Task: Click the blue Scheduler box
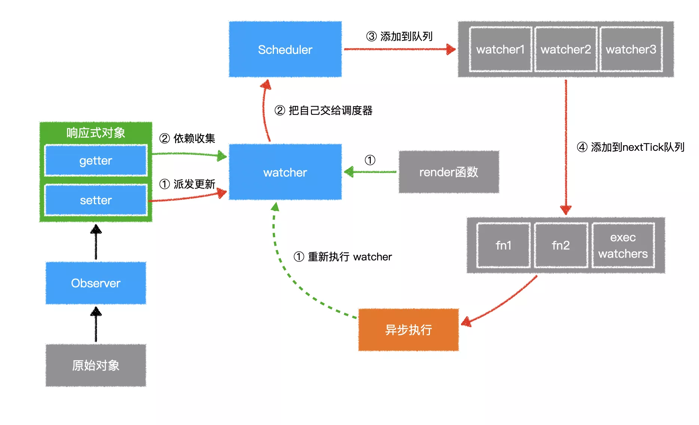coord(285,49)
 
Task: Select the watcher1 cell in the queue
coord(500,49)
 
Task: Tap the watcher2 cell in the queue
coord(565,49)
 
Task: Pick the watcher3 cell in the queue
coord(631,49)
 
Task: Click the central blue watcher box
coord(285,172)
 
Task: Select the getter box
coord(96,160)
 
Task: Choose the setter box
coord(96,200)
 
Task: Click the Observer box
coord(96,283)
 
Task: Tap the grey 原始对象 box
coord(96,365)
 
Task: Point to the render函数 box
coord(449,172)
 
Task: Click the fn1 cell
coord(503,245)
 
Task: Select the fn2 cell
coord(561,245)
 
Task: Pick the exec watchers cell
coord(623,245)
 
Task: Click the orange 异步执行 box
coord(408,330)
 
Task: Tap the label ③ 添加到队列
coord(399,36)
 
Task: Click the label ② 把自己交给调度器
coord(324,110)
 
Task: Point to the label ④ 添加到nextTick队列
coord(631,147)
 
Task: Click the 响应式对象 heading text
coord(96,133)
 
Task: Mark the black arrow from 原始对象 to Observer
coord(96,324)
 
